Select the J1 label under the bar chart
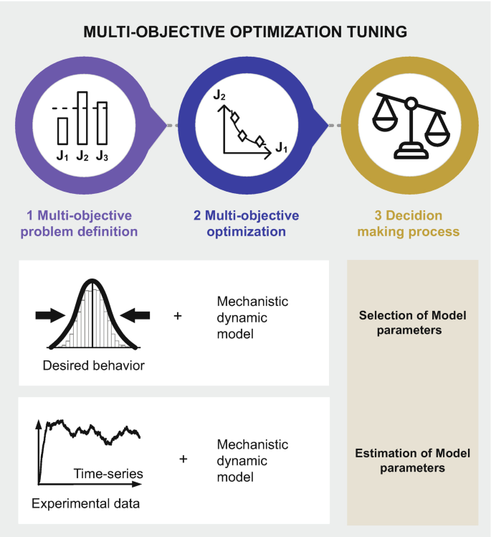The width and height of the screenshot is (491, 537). [62, 154]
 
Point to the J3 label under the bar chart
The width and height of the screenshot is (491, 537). [103, 154]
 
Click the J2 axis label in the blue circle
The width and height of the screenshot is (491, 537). [219, 95]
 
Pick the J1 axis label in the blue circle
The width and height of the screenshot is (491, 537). [282, 148]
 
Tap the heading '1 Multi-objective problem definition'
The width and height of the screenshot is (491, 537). [79, 223]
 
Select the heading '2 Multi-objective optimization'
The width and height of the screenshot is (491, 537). [245, 223]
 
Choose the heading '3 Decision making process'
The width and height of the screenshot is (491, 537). [409, 223]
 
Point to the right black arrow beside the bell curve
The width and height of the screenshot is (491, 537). [135, 314]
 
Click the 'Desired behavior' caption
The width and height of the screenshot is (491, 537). [93, 365]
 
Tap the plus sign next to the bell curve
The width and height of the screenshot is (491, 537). [178, 314]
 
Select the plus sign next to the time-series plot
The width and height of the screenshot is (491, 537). [183, 457]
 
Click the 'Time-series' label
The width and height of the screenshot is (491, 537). [108, 473]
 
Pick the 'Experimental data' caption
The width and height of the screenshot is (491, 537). [85, 503]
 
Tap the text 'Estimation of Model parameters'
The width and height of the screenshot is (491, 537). [412, 460]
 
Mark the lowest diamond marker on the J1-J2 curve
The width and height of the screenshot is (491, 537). [260, 141]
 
